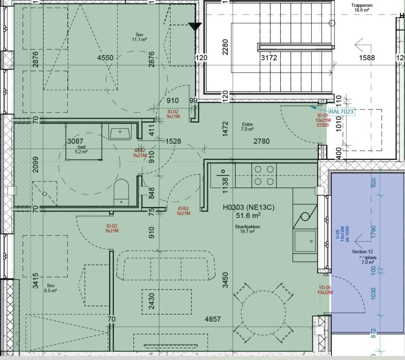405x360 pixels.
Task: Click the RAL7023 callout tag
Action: click(341, 112)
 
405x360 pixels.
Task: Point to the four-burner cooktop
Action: click(264, 176)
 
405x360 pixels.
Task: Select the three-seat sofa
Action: click(166, 266)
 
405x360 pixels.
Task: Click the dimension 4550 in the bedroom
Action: click(105, 58)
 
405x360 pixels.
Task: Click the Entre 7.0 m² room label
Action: click(248, 127)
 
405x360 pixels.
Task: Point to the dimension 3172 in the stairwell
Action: click(269, 58)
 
